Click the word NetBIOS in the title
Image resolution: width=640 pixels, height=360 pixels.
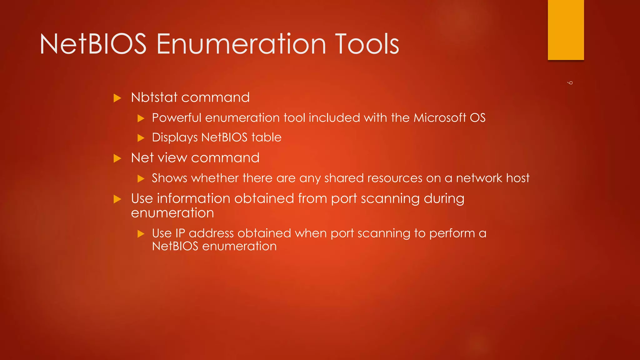click(x=93, y=44)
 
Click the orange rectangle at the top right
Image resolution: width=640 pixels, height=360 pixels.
click(x=566, y=30)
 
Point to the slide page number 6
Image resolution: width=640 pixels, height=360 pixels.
click(x=570, y=82)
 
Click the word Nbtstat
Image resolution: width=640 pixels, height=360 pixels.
click(x=154, y=97)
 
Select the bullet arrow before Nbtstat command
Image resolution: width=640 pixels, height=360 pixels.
click(x=117, y=98)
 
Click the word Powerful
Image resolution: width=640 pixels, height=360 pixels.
click(x=177, y=118)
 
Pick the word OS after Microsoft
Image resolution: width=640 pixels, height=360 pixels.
click(x=477, y=118)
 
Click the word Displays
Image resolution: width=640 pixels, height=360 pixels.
click(x=175, y=138)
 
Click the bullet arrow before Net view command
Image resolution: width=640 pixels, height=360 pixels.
click(x=117, y=158)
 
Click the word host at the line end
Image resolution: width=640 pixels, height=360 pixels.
click(x=518, y=178)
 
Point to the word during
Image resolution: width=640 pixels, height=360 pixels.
click(x=444, y=199)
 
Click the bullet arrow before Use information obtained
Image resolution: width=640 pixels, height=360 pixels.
click(x=117, y=199)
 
